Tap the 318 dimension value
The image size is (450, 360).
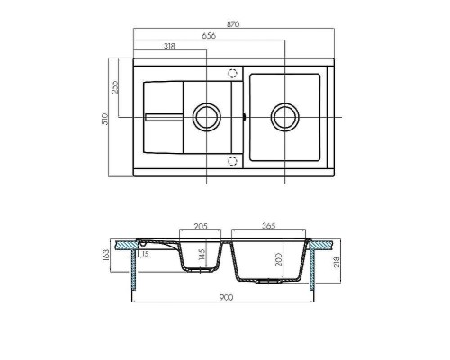170,46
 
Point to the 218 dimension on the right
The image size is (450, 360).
336,263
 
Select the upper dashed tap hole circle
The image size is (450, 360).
233,74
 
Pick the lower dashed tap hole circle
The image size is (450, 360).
233,160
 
